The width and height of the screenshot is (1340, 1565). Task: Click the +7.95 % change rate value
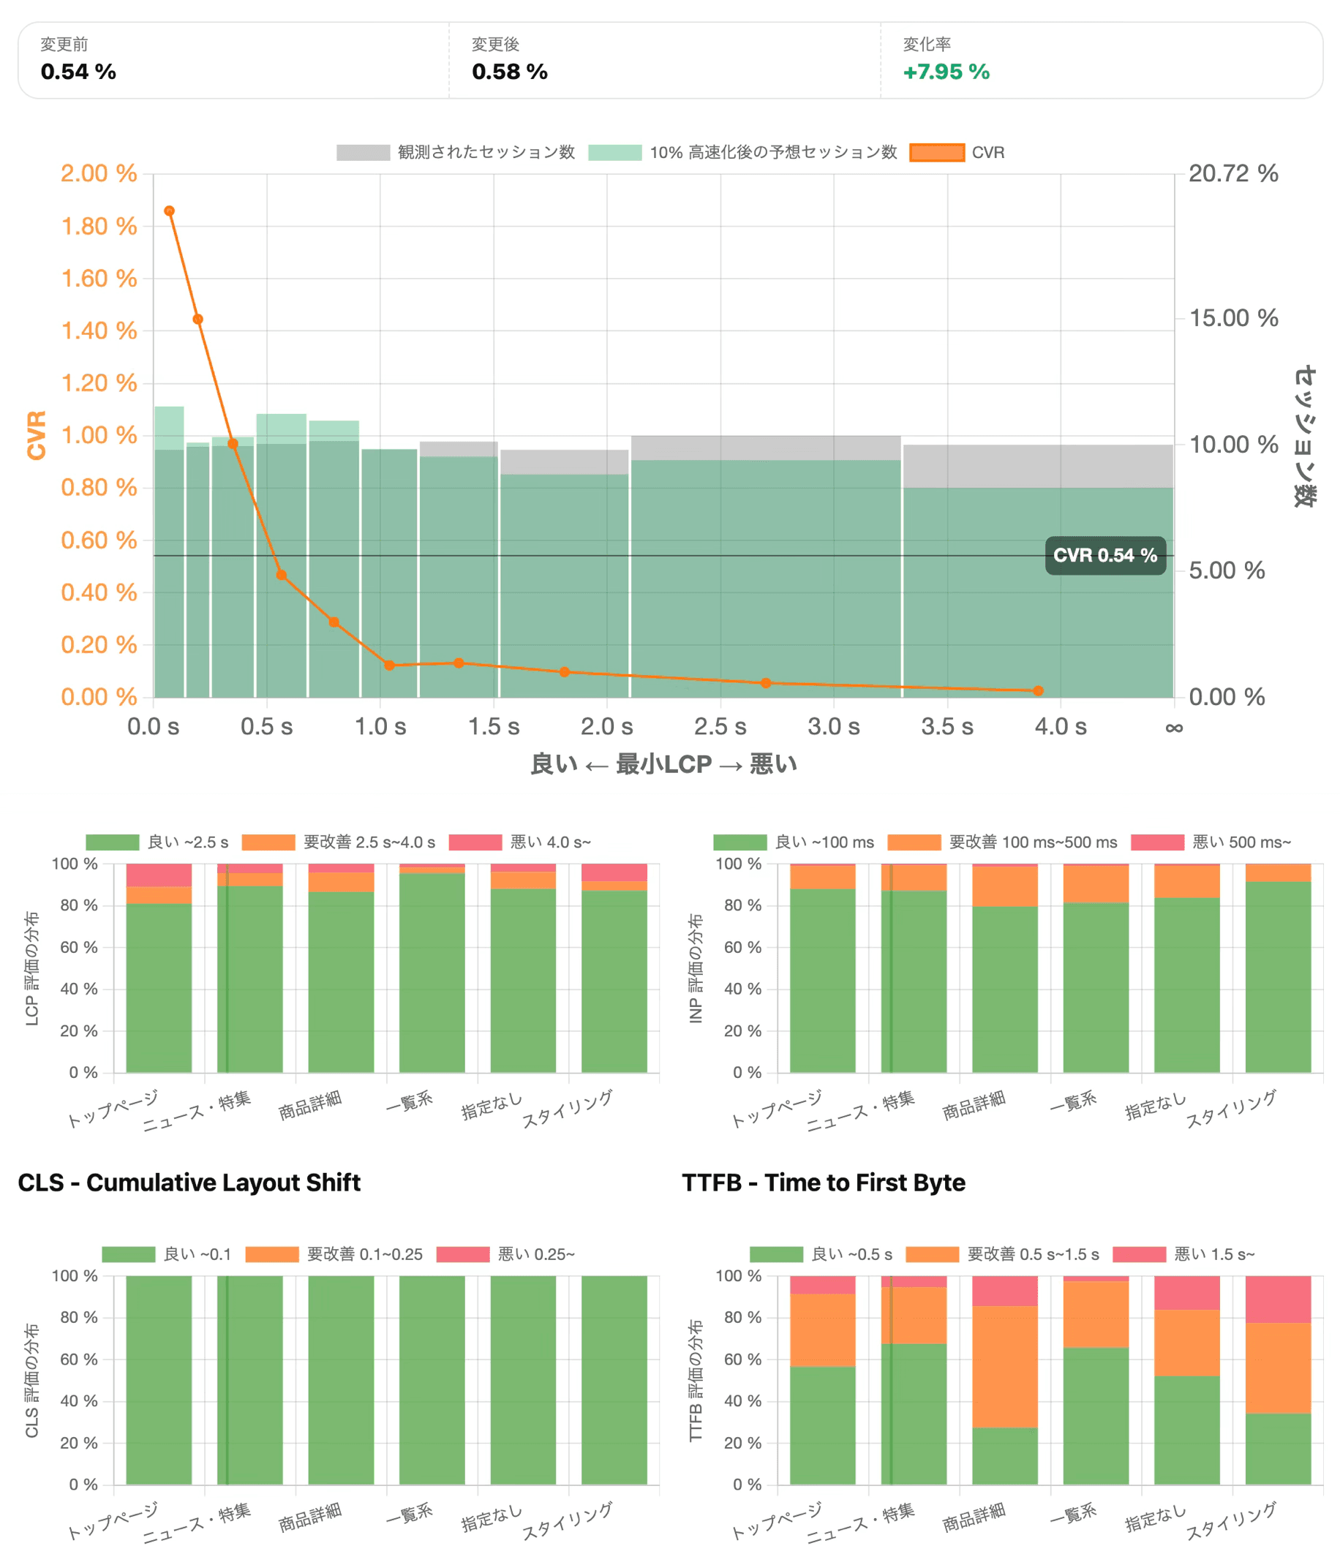(x=946, y=72)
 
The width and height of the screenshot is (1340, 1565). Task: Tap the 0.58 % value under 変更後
(x=509, y=72)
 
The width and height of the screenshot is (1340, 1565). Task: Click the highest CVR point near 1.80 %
(x=169, y=211)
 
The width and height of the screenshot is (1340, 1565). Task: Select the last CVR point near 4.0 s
(x=1038, y=690)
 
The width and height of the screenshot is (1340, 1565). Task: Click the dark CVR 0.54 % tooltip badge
(x=1104, y=555)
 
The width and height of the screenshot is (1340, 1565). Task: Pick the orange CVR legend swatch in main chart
(x=937, y=153)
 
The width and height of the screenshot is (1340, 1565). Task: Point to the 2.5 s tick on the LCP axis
(x=720, y=727)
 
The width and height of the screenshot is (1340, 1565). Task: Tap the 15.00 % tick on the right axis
(x=1232, y=318)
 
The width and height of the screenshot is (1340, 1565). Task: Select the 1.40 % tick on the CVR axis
(x=99, y=331)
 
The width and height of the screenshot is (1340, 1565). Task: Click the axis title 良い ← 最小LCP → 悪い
(x=663, y=764)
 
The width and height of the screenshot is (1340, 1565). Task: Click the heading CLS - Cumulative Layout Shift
(x=189, y=1182)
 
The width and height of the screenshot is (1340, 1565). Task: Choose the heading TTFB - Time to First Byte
(x=824, y=1182)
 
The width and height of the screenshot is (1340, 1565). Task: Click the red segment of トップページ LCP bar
(x=159, y=875)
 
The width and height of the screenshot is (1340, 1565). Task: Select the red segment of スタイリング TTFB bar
(x=1277, y=1299)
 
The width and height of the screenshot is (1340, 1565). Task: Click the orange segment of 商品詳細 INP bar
(x=1004, y=886)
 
